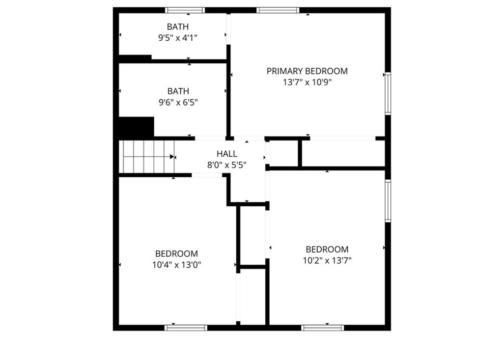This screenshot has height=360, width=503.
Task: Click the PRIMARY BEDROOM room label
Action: [x=307, y=71]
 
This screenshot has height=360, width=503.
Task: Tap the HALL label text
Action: [x=227, y=154]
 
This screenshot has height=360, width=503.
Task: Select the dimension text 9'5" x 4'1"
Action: [x=177, y=38]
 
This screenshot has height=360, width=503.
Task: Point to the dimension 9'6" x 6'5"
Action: [x=178, y=102]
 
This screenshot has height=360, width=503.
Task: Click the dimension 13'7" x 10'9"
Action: [x=307, y=82]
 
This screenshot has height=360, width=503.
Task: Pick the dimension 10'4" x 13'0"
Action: [x=176, y=265]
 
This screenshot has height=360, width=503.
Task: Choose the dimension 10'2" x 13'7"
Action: [x=327, y=260]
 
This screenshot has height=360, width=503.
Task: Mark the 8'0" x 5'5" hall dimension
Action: [x=227, y=165]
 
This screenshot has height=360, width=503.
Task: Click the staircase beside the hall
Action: [x=147, y=157]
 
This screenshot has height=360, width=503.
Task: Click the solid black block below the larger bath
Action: [x=137, y=127]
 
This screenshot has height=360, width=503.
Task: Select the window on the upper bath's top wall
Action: [x=185, y=10]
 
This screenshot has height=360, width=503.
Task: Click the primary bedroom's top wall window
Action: [x=278, y=10]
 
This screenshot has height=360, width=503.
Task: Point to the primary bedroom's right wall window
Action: [x=388, y=93]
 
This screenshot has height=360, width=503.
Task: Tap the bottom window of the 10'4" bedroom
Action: [x=186, y=328]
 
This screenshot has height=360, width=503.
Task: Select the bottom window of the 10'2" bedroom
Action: [x=322, y=328]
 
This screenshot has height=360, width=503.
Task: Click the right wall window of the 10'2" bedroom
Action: [x=388, y=200]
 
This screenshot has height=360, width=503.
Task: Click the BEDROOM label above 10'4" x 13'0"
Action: [x=176, y=253]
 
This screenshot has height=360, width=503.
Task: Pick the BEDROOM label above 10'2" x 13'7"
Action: [x=327, y=249]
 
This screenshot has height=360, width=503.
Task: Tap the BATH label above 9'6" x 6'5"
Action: [x=178, y=91]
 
